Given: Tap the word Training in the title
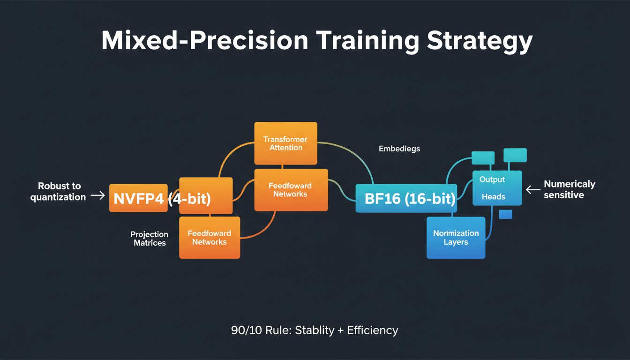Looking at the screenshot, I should (367, 41).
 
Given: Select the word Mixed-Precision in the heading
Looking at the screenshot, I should (205, 41).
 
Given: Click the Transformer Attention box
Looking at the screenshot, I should (285, 143).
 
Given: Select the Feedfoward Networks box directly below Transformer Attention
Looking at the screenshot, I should (291, 190).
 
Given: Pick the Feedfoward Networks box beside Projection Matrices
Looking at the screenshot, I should (210, 238).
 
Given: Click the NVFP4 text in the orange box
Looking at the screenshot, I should (138, 198).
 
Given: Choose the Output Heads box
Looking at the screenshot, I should (496, 188).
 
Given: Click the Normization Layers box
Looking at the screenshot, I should (456, 238).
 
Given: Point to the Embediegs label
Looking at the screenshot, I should (399, 149).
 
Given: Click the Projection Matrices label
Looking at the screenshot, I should (150, 239).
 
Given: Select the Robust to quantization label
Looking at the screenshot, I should (59, 191).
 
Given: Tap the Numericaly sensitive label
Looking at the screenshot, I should (569, 189).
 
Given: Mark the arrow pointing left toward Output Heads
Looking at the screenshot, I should (533, 189).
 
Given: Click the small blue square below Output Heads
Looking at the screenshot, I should (505, 214).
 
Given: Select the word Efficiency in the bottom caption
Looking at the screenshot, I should (373, 330).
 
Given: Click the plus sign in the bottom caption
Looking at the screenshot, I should (341, 330).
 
